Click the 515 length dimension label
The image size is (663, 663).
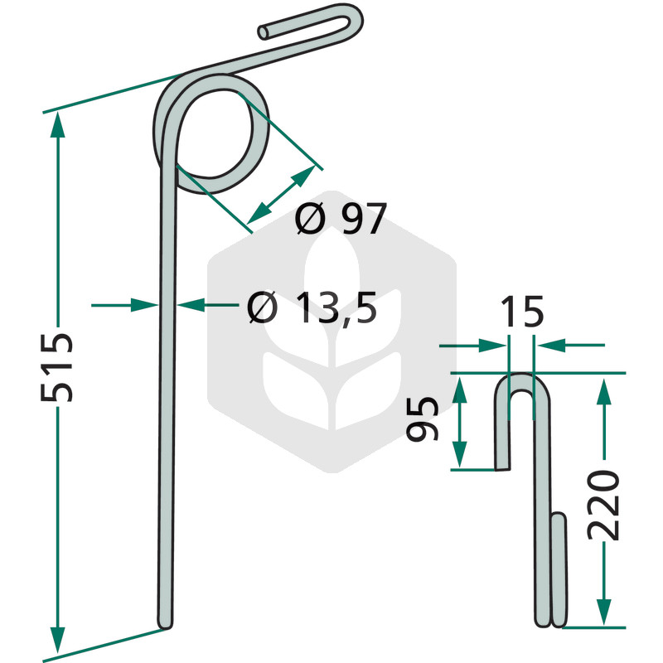coord(56,367)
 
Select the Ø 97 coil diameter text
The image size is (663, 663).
coord(341,218)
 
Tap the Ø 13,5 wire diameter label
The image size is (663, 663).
coord(312,307)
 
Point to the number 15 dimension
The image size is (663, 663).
coord(522,312)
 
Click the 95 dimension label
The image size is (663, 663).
coord(422,419)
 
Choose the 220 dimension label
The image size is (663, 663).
coord(603,505)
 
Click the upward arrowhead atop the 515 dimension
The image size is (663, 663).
coord(57,125)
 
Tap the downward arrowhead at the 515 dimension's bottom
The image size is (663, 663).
coord(57,639)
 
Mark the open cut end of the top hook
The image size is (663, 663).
coord(264,32)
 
